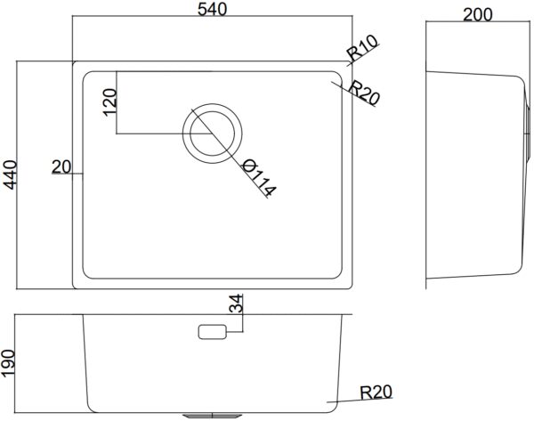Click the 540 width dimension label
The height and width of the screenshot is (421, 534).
coord(212,9)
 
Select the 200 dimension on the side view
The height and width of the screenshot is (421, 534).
coord(478,14)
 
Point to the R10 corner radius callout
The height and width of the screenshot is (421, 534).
coord(362,48)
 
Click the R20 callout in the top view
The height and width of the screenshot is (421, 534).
coord(363,93)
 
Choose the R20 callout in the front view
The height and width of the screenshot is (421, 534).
coord(376,393)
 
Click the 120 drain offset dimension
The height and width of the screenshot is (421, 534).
coord(109,102)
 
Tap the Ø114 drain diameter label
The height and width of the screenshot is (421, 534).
coord(259,178)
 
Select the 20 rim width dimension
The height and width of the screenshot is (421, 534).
coord(61,167)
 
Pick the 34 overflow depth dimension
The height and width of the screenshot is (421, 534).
coord(236,304)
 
